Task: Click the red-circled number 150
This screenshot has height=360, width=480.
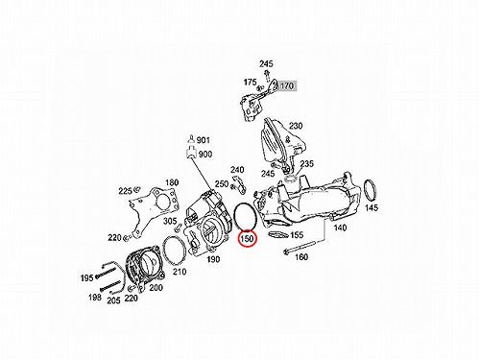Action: click(247, 239)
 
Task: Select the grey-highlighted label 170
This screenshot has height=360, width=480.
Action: click(287, 85)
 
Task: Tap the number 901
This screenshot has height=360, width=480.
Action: click(204, 140)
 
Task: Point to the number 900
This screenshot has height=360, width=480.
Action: click(205, 155)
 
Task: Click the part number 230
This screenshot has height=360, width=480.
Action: click(296, 126)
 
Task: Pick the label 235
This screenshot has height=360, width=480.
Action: click(307, 164)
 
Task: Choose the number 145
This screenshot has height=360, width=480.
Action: click(372, 207)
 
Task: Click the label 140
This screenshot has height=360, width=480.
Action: click(340, 228)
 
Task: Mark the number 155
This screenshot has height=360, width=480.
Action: click(297, 235)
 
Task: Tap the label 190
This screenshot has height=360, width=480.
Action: click(213, 259)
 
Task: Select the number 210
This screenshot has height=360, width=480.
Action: click(180, 272)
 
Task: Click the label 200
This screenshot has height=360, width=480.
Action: click(156, 288)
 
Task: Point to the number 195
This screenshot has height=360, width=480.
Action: click(86, 278)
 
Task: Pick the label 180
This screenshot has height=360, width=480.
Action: click(172, 182)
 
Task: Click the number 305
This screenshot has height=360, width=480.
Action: click(170, 221)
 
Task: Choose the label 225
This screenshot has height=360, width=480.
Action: click(125, 191)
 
